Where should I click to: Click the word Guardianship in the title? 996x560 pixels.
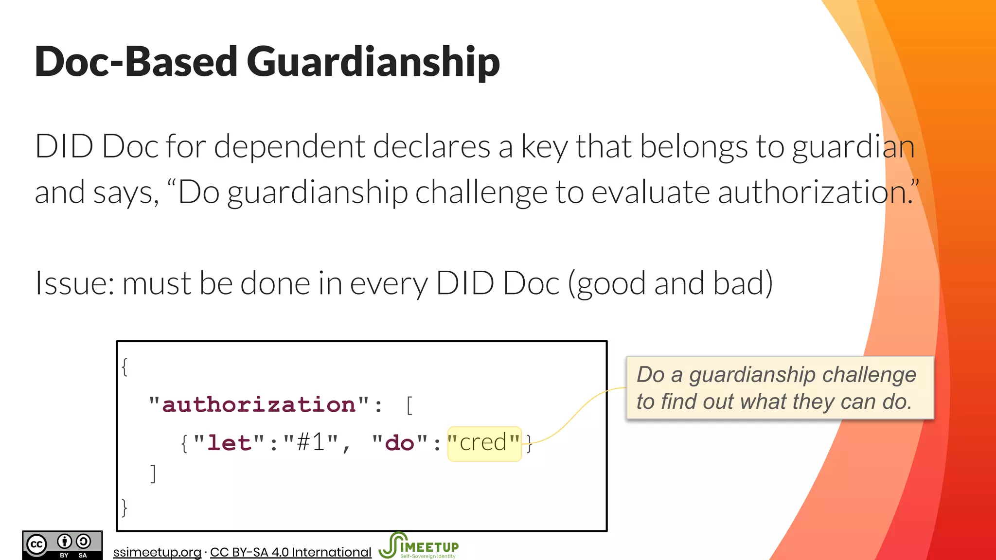click(x=373, y=62)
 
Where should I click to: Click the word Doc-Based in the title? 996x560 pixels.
click(x=136, y=62)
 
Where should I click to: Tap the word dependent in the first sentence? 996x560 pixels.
click(x=289, y=146)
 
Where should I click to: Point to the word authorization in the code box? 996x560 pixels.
click(x=259, y=404)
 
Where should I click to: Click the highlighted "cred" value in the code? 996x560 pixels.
click(x=484, y=443)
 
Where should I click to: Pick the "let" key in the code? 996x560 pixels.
click(x=229, y=443)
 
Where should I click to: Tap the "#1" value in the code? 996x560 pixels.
click(x=311, y=443)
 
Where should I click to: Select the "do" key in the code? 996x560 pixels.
click(x=399, y=443)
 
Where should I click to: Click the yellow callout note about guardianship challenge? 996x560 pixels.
click(x=780, y=388)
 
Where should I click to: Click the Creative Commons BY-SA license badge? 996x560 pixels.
click(x=62, y=545)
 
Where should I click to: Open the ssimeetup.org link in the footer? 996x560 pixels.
click(x=157, y=552)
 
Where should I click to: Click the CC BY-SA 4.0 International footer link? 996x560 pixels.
click(x=290, y=552)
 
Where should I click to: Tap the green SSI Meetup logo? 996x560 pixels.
click(x=418, y=546)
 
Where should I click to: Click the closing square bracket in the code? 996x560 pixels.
click(x=153, y=473)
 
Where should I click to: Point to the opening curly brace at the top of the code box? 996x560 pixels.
click(x=125, y=367)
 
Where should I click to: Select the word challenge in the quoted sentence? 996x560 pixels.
click(x=481, y=192)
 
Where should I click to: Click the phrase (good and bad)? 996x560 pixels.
click(x=671, y=283)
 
